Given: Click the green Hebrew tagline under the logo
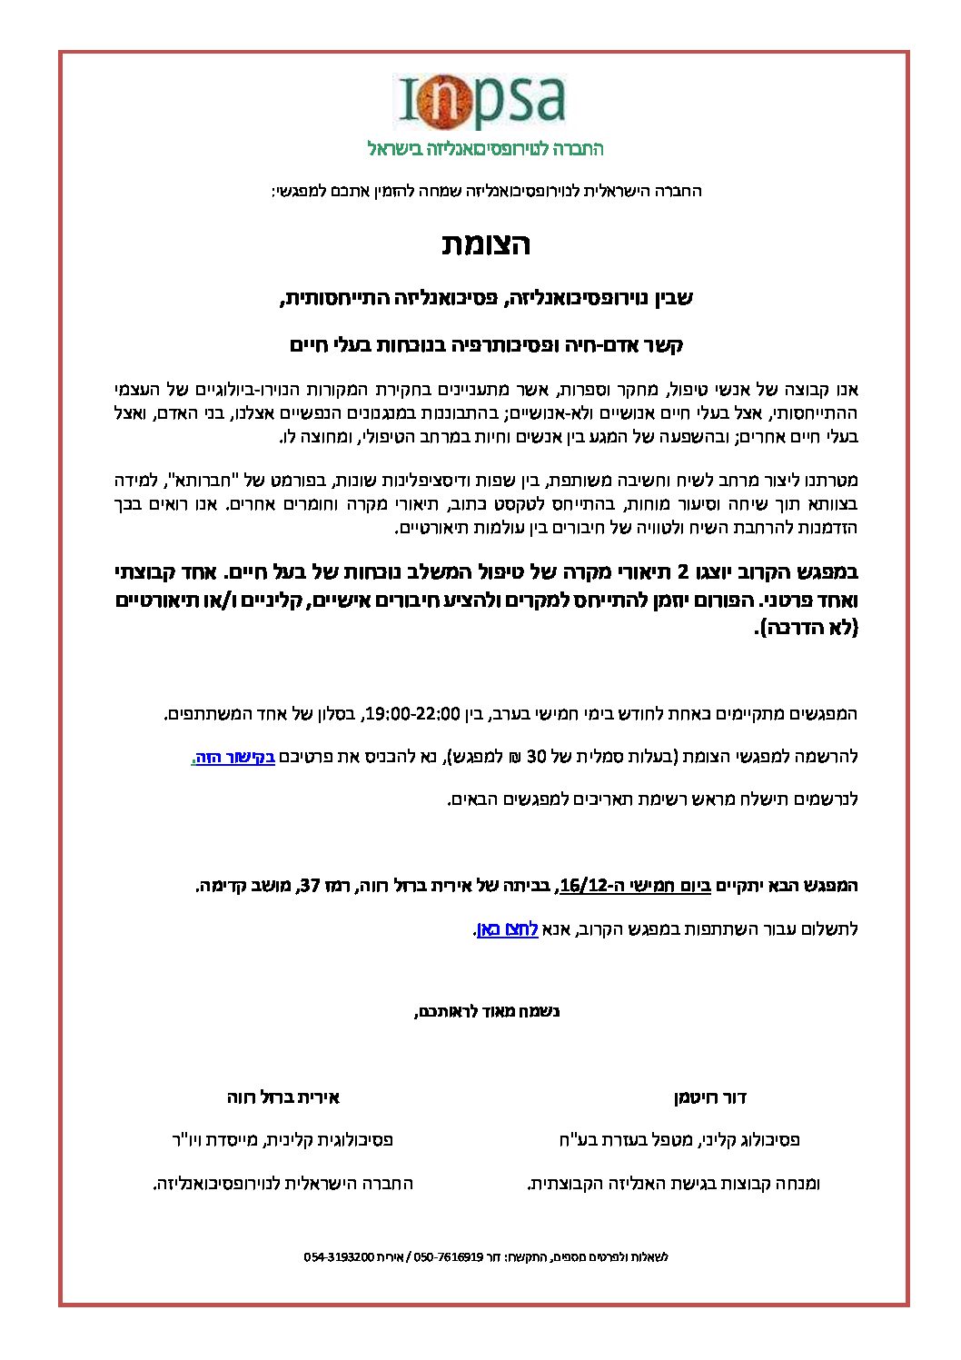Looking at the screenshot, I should [x=485, y=148].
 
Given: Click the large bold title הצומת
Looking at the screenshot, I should [x=486, y=244].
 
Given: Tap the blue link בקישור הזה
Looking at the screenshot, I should [x=233, y=757].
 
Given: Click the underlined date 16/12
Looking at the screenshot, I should [x=583, y=885].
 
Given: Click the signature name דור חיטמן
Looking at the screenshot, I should [x=710, y=1097].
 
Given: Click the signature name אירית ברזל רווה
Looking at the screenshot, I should [x=283, y=1097].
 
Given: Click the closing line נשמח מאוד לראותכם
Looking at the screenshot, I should [x=487, y=1011].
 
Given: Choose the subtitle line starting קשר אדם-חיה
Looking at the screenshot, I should [x=486, y=345].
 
